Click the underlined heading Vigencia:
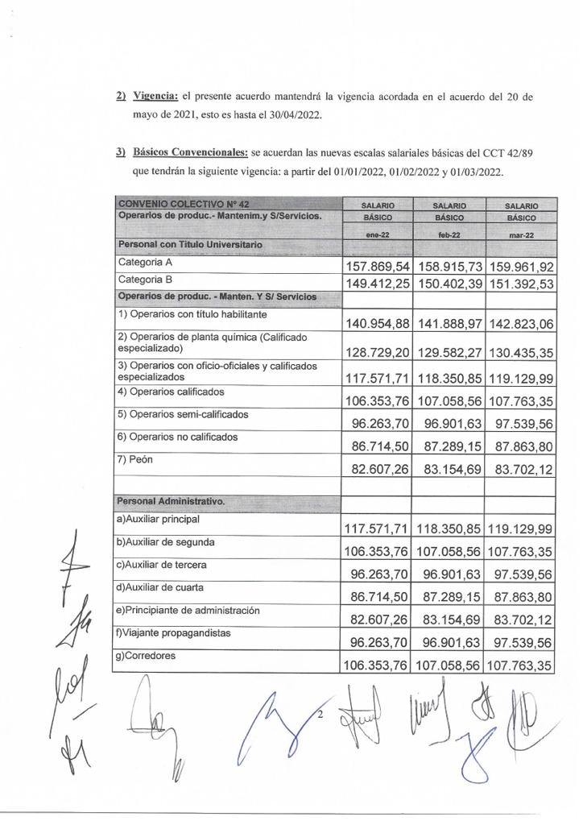[x=155, y=97]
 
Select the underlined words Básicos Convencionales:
[x=190, y=151]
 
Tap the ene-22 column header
[x=377, y=234]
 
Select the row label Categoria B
[x=146, y=280]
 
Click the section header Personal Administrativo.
[x=172, y=501]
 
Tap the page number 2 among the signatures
[x=320, y=715]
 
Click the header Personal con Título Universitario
[x=189, y=244]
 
